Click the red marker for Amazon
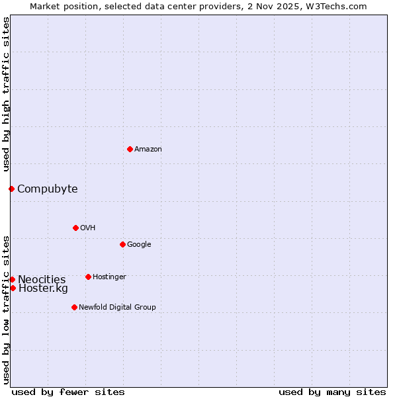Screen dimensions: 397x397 pos(130,149)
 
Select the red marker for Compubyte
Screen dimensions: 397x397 pos(11,189)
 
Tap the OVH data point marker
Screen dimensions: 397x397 pos(75,228)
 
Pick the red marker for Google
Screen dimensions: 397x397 pos(122,244)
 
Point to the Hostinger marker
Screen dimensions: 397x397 pos(88,277)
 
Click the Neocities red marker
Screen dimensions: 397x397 pos(12,279)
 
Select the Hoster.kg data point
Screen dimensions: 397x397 pos(13,288)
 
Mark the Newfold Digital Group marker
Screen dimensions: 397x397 pos(74,307)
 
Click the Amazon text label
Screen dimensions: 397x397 pos(148,150)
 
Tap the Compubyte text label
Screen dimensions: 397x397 pos(48,189)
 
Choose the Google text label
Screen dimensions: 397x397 pos(139,245)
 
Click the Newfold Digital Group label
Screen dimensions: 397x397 pos(118,308)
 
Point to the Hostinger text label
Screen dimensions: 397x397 pos(109,277)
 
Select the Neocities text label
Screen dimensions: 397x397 pos(42,280)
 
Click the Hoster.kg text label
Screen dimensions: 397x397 pos(43,288)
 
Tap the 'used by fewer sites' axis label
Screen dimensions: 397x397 pos(68,392)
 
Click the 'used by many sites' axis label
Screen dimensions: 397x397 pos(332,392)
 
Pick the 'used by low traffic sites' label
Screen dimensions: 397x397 pos(6,309)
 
